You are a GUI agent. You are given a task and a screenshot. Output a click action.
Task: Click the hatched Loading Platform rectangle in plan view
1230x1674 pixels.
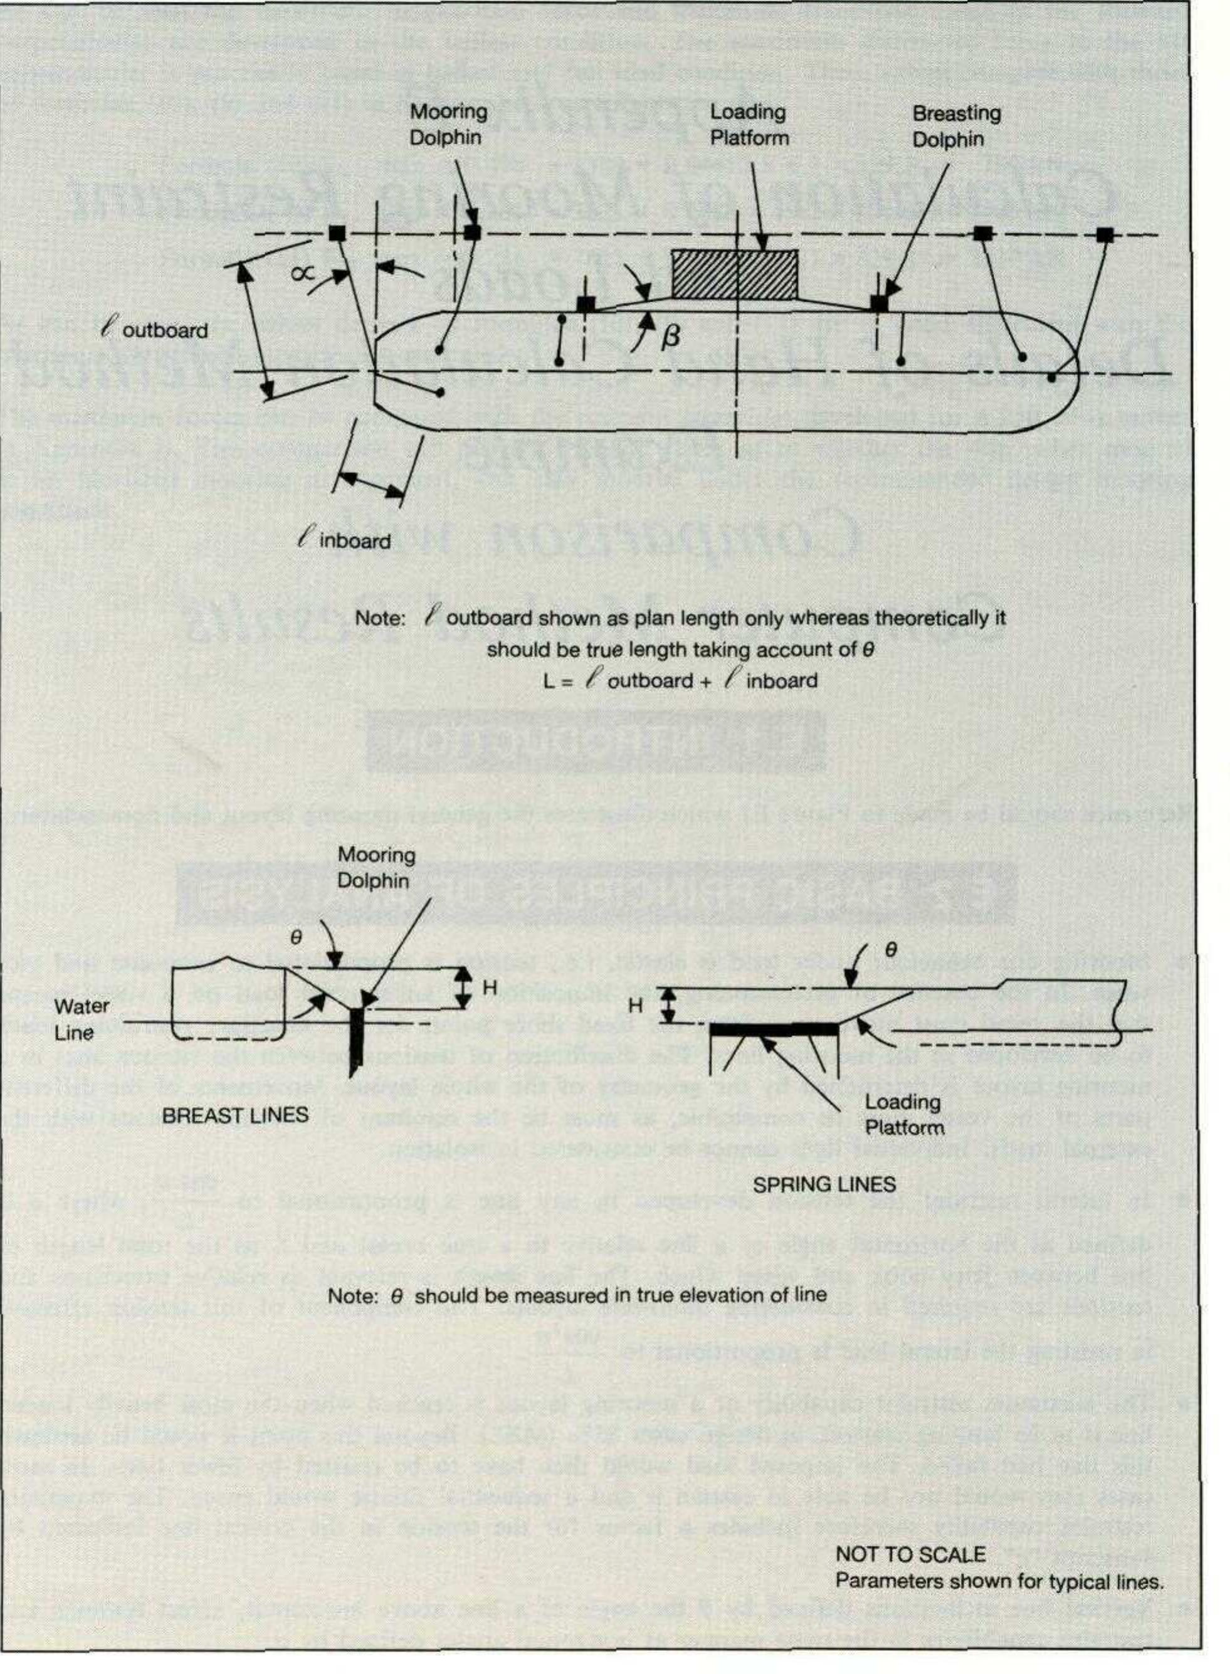click(734, 275)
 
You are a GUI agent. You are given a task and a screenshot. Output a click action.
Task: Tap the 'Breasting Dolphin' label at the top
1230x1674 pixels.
click(956, 126)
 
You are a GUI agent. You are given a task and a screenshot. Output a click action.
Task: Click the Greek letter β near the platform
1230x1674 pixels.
click(670, 337)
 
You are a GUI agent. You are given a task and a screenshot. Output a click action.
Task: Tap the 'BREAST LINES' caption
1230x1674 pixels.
click(234, 1115)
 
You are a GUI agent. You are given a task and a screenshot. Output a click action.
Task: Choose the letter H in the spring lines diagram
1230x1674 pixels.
click(635, 1005)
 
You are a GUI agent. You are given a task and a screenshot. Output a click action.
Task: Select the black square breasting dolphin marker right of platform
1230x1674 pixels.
click(880, 303)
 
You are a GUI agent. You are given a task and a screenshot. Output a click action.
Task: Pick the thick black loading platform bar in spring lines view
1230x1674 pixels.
click(774, 1029)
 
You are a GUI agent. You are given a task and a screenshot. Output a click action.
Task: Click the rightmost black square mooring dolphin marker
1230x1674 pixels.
click(1104, 235)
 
